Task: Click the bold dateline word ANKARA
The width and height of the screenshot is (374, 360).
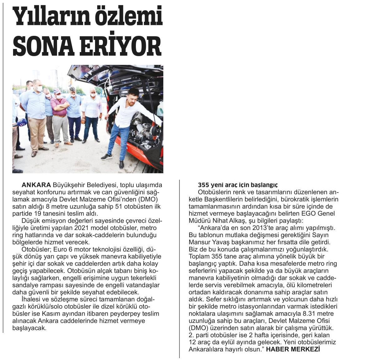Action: click(x=36, y=185)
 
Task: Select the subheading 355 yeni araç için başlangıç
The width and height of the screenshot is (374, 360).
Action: click(x=238, y=185)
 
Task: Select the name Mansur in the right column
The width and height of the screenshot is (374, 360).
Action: click(x=199, y=242)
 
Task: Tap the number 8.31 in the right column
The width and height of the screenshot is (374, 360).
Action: click(x=309, y=314)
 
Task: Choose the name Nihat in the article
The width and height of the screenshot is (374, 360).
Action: click(x=220, y=221)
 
